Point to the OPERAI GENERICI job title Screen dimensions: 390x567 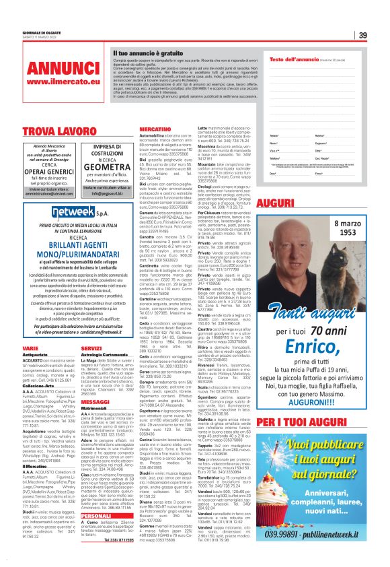point(45,171)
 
